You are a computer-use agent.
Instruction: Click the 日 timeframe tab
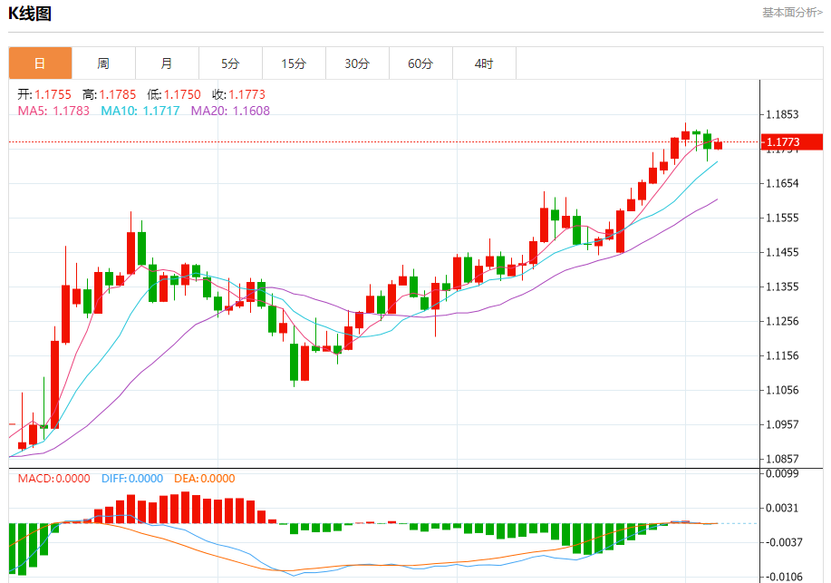40,63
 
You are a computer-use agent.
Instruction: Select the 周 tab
103,63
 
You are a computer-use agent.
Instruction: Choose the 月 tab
167,63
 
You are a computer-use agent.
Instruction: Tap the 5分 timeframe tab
230,63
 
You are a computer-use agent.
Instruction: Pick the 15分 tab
294,63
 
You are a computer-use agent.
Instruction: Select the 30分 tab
357,63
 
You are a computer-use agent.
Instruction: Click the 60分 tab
420,63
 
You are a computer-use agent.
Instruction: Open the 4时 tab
484,63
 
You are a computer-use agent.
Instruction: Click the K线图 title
30,14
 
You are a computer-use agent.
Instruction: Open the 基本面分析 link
792,13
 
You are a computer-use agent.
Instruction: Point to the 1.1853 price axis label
781,115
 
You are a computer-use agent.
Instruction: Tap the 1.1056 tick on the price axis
781,390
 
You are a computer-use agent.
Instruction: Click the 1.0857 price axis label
781,459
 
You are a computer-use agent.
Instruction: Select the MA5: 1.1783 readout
53,111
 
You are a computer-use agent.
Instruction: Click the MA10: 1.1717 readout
140,111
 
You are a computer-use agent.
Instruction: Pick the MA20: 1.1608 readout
229,111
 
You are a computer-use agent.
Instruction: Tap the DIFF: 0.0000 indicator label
131,479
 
